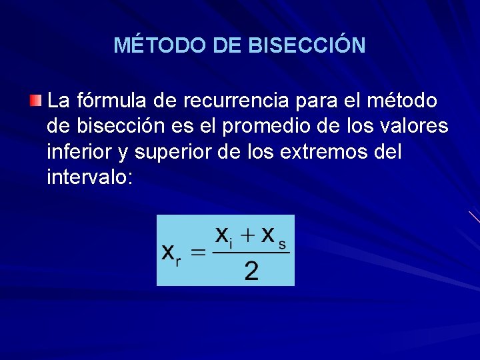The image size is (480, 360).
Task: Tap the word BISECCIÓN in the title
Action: point(307,45)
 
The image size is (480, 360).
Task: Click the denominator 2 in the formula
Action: point(251,271)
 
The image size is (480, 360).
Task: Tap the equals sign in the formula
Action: point(198,253)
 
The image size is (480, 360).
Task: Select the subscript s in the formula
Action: point(282,245)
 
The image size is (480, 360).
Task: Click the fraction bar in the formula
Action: point(251,253)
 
